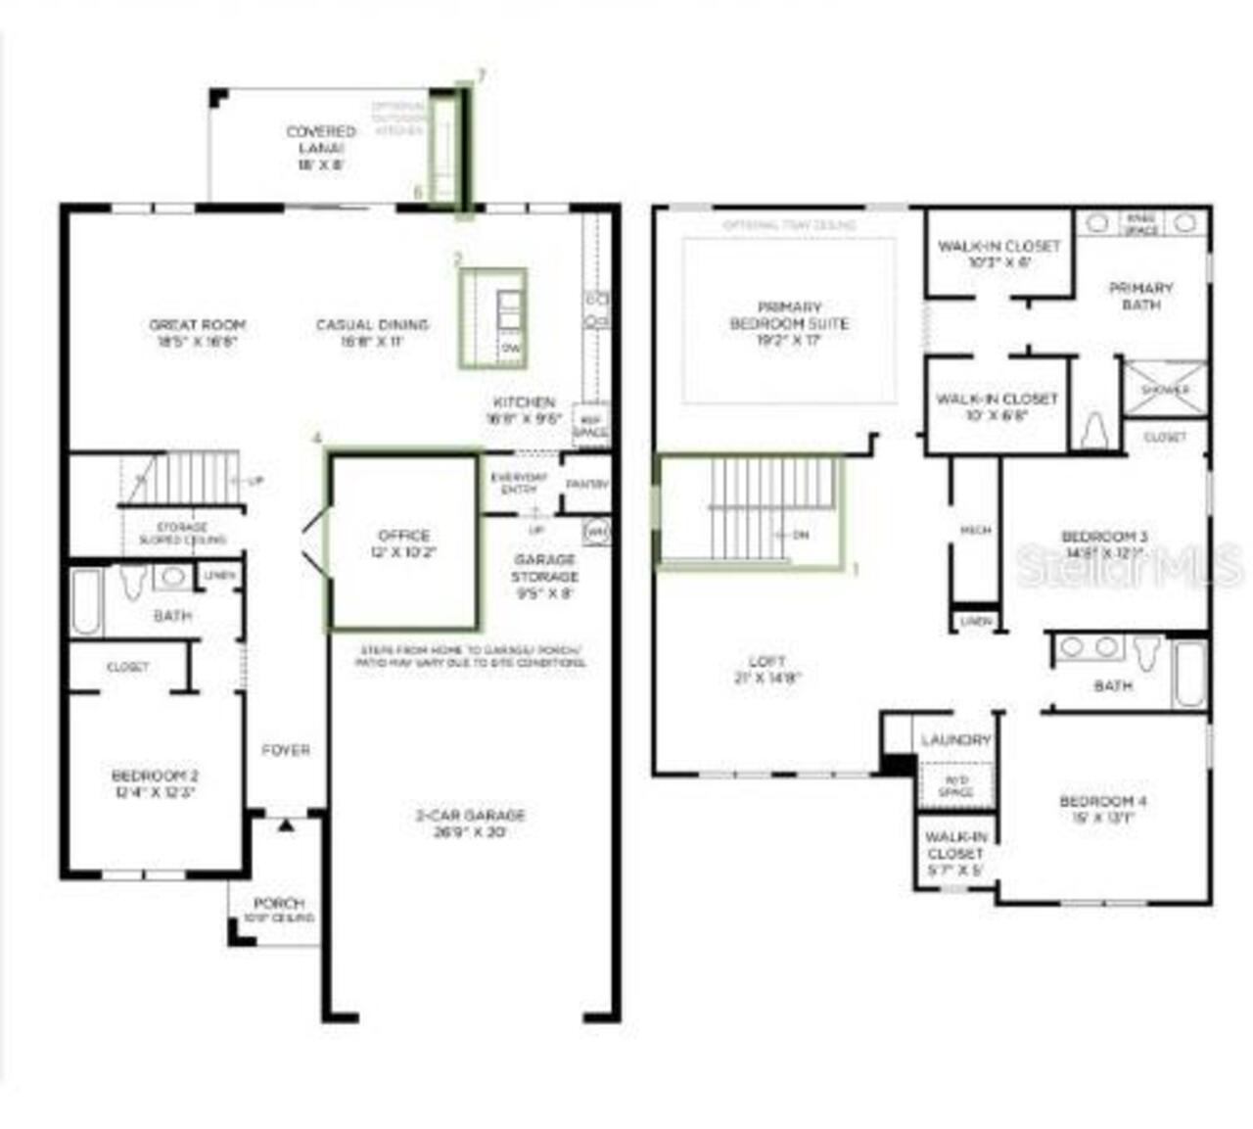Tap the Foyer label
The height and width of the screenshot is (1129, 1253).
(x=286, y=750)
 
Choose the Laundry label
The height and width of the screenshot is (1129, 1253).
(x=955, y=740)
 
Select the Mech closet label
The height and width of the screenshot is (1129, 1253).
(x=975, y=530)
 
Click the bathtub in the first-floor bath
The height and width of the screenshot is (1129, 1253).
(x=86, y=601)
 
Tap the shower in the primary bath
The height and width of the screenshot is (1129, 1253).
(x=1165, y=389)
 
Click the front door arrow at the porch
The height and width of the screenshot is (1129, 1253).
(x=285, y=826)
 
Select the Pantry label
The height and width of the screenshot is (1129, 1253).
(x=587, y=484)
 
